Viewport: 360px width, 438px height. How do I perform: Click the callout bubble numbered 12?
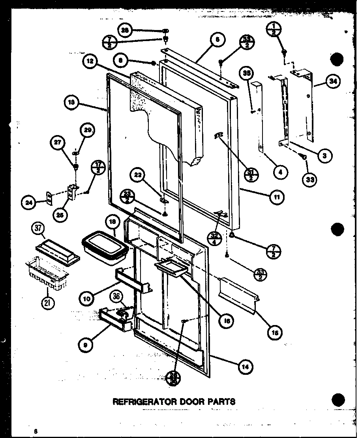[x=90, y=61]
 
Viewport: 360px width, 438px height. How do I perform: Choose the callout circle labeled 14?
[x=245, y=366]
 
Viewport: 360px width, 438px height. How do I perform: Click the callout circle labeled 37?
[x=38, y=228]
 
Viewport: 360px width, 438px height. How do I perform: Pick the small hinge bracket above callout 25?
[x=72, y=192]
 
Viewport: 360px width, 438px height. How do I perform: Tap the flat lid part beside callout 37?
[x=58, y=251]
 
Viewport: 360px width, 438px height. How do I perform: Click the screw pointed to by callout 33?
[x=304, y=157]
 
